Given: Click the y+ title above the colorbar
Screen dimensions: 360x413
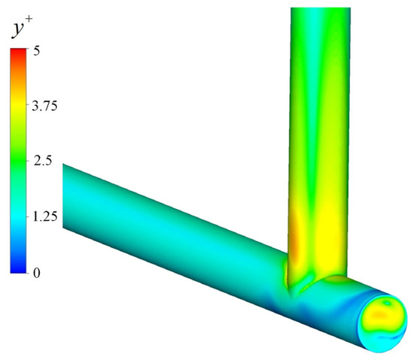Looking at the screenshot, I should (x=20, y=29).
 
